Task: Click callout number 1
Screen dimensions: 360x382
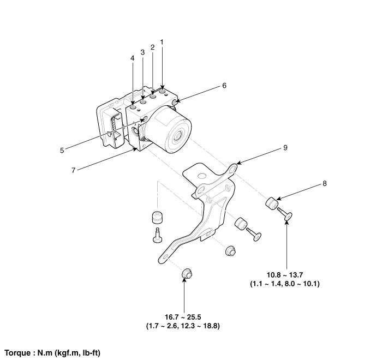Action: [x=162, y=41]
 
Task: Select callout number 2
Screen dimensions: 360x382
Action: [x=152, y=47]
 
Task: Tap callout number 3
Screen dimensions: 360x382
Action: [x=142, y=52]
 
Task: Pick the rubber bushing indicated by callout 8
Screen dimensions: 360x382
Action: [x=271, y=205]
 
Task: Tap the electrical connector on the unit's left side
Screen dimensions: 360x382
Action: [x=112, y=127]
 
